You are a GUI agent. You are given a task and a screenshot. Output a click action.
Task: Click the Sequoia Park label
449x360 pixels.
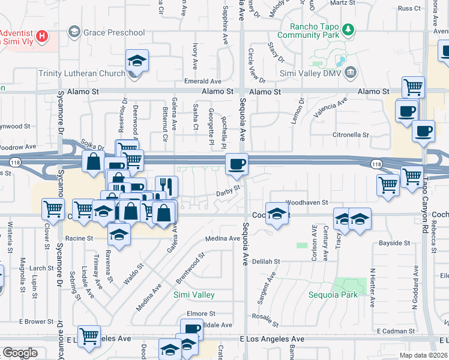pos(333,295)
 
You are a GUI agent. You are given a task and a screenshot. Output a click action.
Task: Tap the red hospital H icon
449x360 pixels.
pos(41,36)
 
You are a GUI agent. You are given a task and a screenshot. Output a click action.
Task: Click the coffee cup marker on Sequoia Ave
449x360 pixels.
pos(237,163)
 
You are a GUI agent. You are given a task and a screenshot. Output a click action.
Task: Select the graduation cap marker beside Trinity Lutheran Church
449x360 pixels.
pos(137,62)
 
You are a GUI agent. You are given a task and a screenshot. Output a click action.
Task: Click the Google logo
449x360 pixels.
pos(20,352)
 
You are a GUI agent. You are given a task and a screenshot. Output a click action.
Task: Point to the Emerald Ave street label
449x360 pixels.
pos(203,82)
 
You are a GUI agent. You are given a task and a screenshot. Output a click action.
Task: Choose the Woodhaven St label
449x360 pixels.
pos(307,203)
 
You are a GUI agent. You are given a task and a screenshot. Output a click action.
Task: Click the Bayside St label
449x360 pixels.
pos(394,244)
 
